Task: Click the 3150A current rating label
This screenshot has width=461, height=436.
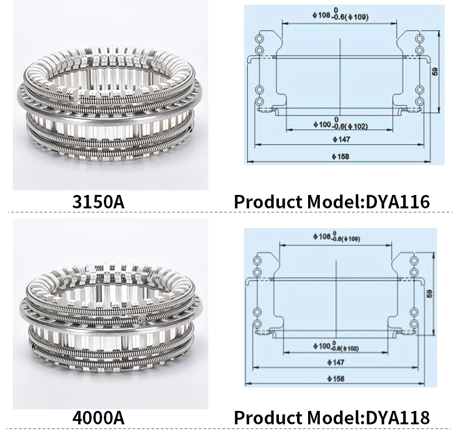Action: [99, 202]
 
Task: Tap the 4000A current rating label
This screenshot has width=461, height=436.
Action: [99, 418]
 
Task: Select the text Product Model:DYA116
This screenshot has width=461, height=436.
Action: [331, 202]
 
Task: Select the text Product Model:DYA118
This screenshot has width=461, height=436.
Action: [331, 418]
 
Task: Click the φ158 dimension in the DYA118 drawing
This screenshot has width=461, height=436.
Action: [337, 379]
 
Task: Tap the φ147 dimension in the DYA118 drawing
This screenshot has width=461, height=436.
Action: [337, 362]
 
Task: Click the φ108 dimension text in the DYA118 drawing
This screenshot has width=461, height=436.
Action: [336, 238]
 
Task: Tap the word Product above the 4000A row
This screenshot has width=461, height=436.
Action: [267, 202]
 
